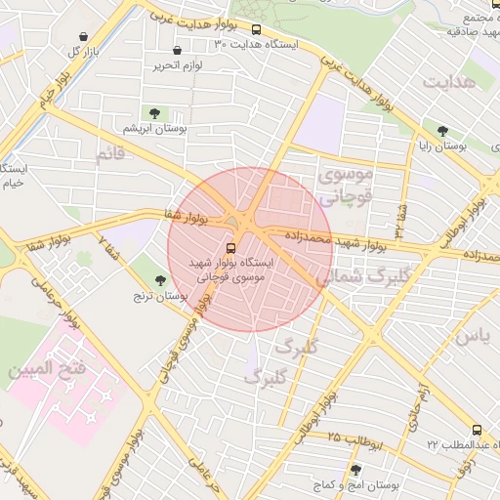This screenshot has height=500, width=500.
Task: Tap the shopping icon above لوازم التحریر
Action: click(x=177, y=51)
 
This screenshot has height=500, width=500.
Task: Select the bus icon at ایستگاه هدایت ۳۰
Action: click(x=256, y=30)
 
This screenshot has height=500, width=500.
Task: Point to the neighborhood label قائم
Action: click(x=111, y=154)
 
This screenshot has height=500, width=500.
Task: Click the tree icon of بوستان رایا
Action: click(x=442, y=130)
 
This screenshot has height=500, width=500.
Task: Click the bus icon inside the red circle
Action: click(x=231, y=248)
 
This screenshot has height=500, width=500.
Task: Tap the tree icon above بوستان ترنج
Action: click(x=160, y=280)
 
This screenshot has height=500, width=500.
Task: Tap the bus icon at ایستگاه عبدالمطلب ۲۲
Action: click(x=477, y=430)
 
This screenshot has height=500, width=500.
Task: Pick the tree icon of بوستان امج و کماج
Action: click(x=354, y=470)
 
